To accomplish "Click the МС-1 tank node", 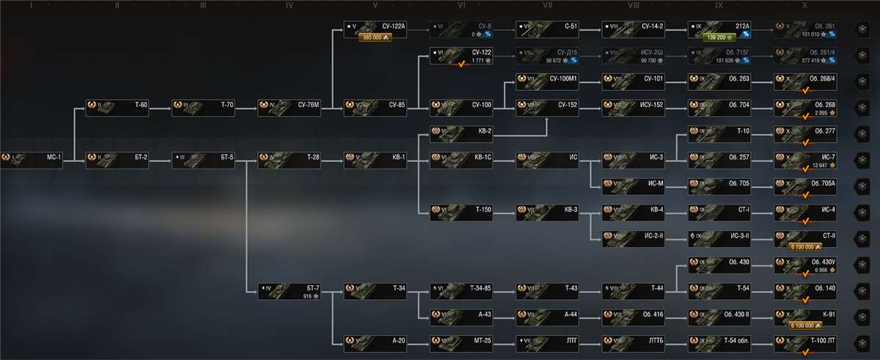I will (32, 157).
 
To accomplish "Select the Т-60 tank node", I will (117, 105).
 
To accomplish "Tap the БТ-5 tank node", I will (203, 157).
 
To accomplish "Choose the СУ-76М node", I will (289, 105).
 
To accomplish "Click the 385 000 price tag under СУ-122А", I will (375, 37).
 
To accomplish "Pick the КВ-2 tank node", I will (461, 131).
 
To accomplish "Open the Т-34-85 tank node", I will (461, 288).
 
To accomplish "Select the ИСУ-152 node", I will (633, 105).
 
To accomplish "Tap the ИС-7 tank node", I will (805, 158).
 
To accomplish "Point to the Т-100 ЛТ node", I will (805, 340).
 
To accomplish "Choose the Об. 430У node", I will (805, 263).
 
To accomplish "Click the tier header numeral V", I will (375, 5).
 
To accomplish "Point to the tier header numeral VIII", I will (633, 5).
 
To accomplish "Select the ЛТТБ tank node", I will (633, 340).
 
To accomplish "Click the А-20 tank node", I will (375, 340).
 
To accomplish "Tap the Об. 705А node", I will (805, 183).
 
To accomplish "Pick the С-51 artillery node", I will (547, 26).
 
